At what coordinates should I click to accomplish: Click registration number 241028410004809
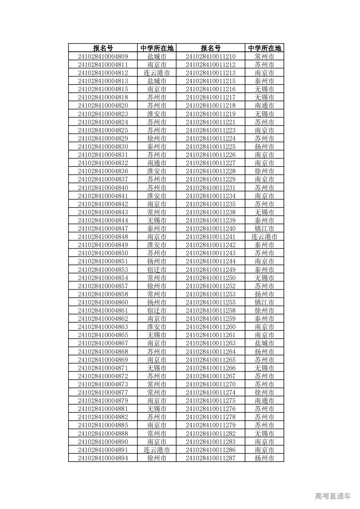pos(103,56)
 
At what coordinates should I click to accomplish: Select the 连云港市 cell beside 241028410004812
pos(157,73)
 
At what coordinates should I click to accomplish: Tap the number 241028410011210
pos(210,56)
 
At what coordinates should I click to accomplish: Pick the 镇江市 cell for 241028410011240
pos(264,229)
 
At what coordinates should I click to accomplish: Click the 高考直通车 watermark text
pos(333,496)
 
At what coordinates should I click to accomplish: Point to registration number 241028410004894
pos(103,458)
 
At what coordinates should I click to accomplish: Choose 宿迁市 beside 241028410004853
pos(157,270)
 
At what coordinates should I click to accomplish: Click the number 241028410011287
pos(210,458)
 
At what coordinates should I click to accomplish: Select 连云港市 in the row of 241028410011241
pos(264,237)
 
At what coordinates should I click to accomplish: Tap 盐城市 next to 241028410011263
pos(264,343)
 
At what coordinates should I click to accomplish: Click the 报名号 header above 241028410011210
pos(210,48)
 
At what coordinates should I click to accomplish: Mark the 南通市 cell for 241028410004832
pos(157,163)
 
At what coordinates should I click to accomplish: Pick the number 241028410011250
pos(210,278)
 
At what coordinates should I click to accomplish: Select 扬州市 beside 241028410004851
pos(157,261)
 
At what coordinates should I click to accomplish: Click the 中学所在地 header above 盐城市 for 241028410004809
pos(157,48)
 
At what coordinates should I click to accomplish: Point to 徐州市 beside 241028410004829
pos(157,138)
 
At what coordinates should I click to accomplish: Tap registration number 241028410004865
pos(103,335)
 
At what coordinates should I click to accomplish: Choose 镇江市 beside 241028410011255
pos(264,302)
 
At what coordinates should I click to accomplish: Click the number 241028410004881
pos(103,409)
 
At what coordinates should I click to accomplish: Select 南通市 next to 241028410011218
pos(264,105)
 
